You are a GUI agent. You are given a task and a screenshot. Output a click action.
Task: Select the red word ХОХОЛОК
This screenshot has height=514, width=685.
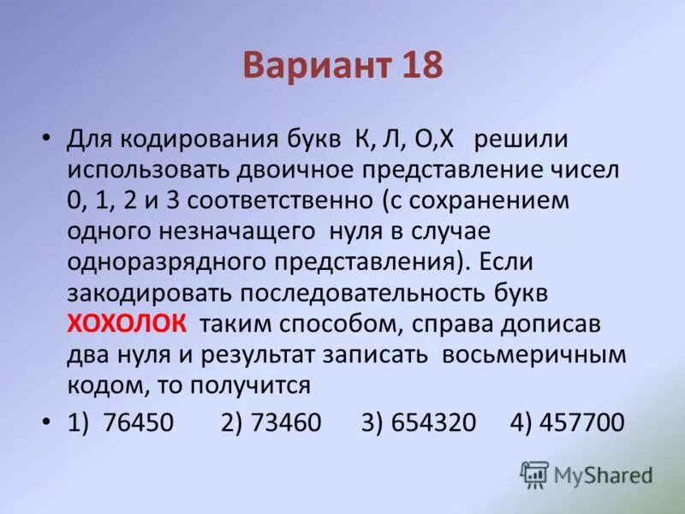tap(128, 325)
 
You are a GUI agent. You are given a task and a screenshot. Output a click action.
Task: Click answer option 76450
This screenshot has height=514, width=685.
tap(137, 422)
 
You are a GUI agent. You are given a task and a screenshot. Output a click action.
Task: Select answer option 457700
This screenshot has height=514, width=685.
tap(580, 422)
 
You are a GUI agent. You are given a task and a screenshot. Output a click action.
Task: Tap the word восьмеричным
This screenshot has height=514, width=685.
tap(534, 355)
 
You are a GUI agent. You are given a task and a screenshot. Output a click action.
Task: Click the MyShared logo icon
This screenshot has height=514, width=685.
tap(534, 473)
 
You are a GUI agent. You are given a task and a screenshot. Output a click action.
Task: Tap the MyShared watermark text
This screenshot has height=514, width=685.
tap(603, 475)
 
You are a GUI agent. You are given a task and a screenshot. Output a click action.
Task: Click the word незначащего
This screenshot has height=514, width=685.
tap(211, 232)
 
